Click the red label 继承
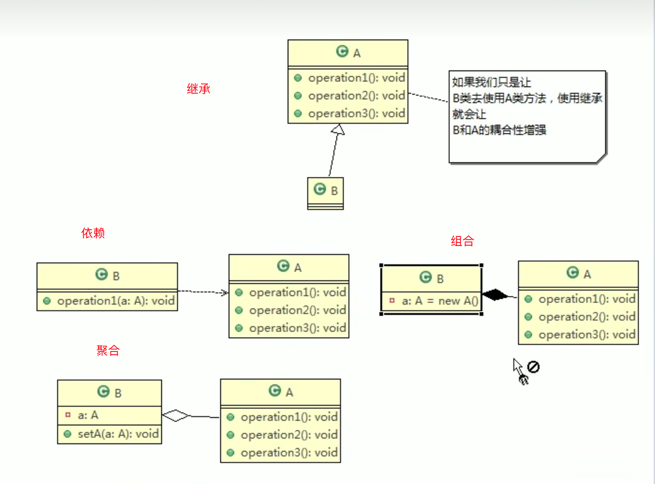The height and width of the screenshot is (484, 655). click(198, 88)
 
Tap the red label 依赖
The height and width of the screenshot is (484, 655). click(93, 233)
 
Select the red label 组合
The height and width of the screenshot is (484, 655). click(462, 241)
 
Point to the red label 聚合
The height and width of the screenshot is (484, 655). click(108, 350)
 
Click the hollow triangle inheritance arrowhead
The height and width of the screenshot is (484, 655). click(338, 129)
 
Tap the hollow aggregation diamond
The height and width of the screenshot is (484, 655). click(176, 415)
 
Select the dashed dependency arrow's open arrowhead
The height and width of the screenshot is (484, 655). click(225, 293)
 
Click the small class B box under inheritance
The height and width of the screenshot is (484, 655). click(325, 193)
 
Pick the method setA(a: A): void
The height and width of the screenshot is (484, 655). click(118, 434)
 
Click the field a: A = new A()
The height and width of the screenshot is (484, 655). click(439, 301)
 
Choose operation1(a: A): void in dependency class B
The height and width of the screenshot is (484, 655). click(115, 301)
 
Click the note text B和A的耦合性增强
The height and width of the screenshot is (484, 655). click(499, 130)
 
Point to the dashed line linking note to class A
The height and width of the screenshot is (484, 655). click(428, 97)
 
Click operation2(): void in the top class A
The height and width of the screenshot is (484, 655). click(356, 96)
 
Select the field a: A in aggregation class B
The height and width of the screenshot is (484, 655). click(88, 415)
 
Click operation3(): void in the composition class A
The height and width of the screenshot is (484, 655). click(586, 334)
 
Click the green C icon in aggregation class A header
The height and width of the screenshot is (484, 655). click(274, 391)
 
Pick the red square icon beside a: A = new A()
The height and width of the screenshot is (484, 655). click(392, 301)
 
